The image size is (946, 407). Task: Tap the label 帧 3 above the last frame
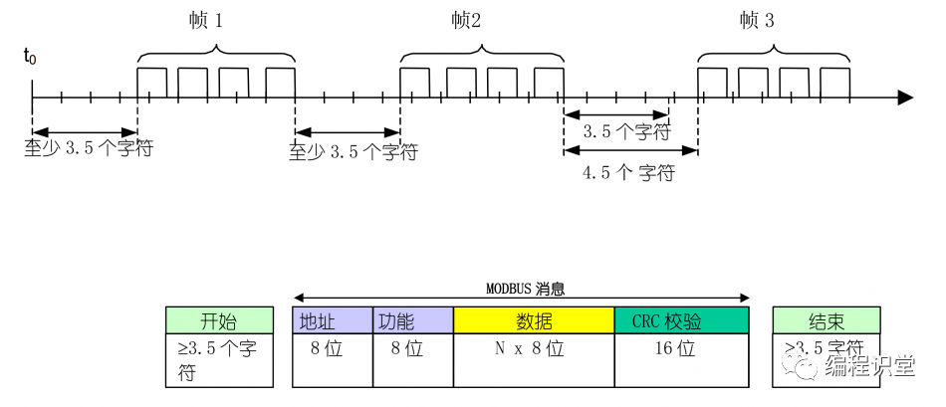757,21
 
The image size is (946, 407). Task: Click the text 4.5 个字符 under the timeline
628,173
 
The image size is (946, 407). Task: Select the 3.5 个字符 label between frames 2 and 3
625,132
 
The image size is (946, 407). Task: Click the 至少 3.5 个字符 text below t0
89,151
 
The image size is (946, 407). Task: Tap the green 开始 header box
219,320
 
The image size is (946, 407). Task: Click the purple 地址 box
332,320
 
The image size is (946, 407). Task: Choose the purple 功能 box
412,320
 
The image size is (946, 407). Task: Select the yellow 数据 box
534,320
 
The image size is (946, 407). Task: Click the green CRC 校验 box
681,320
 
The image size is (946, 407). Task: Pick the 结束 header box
828,320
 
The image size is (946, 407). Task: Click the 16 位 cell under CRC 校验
681,350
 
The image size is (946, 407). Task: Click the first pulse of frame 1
151,82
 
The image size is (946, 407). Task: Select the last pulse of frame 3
834,82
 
